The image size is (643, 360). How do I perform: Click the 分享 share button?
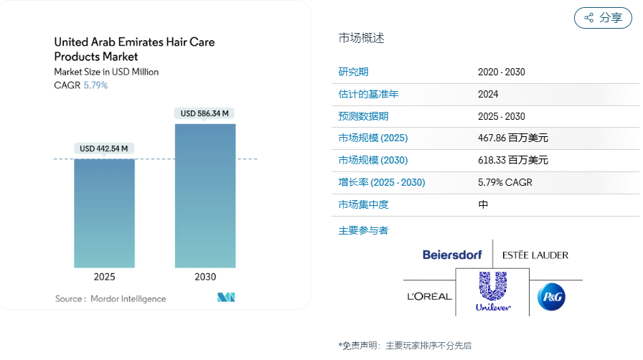coord(603,18)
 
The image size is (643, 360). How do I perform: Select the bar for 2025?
coord(104,212)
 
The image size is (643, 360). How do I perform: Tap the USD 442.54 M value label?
coord(104,148)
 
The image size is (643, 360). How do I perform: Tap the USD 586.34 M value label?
coord(205,113)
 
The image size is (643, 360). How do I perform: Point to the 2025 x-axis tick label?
coord(104,277)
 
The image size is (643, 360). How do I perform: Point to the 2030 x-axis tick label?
coord(205,277)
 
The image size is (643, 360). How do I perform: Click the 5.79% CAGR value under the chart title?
coord(95,85)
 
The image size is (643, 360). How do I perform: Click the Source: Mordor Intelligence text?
coord(111,298)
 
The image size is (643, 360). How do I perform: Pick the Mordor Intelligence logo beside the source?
coord(227,298)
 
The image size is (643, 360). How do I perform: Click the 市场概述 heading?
coord(361,38)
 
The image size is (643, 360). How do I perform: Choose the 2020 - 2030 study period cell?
coord(502,72)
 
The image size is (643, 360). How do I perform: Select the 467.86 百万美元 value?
coord(512,138)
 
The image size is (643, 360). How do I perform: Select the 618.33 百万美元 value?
coord(512,160)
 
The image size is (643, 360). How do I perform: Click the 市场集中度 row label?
coord(363,204)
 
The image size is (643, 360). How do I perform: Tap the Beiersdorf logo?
coord(456,255)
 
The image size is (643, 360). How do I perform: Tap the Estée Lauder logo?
coord(535,255)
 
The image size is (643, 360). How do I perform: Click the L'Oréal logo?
coord(429,296)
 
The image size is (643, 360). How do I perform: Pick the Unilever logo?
coord(494,292)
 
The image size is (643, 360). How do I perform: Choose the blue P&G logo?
coord(552,296)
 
